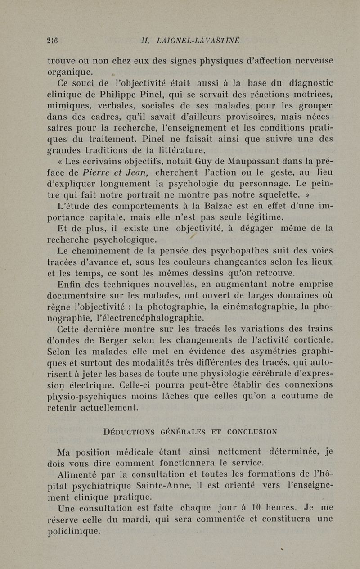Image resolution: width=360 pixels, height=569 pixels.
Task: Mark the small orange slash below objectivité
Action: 192,237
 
